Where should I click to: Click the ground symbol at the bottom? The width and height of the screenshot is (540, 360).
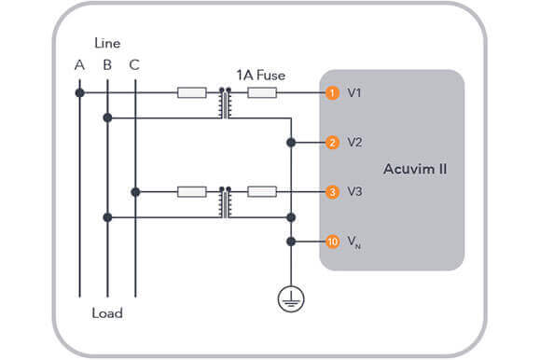(x=290, y=298)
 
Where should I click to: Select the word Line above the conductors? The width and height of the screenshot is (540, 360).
(x=107, y=43)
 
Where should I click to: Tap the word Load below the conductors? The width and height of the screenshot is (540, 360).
(x=107, y=312)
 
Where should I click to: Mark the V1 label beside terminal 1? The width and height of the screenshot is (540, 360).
(x=354, y=93)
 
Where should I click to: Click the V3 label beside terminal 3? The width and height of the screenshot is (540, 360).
(x=354, y=192)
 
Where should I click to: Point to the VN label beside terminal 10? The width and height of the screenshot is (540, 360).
(x=355, y=242)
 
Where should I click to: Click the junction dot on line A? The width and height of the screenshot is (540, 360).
(x=80, y=93)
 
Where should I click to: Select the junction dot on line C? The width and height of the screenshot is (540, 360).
(x=135, y=192)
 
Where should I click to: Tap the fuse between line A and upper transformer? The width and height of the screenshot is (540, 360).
(x=191, y=93)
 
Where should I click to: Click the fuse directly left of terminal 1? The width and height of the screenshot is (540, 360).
(x=262, y=93)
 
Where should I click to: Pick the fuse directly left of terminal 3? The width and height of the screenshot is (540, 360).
(x=262, y=192)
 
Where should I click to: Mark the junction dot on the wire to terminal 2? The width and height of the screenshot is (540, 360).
(x=290, y=143)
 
